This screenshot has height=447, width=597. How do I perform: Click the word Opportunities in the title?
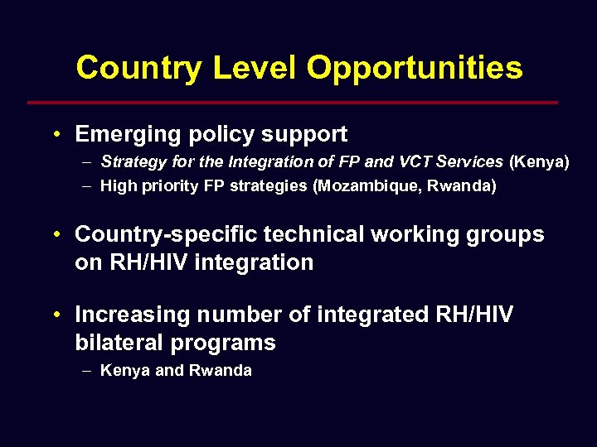tap(415, 68)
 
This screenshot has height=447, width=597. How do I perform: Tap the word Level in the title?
tap(254, 68)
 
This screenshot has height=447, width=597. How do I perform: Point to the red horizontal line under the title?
tap(293, 103)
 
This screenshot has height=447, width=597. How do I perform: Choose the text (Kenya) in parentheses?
tap(539, 162)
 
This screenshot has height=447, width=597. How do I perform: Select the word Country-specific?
tap(158, 235)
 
